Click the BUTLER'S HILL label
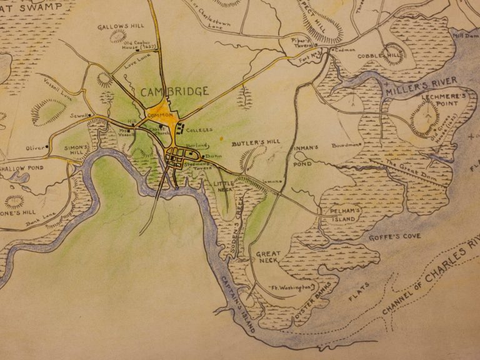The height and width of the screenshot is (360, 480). click(255, 143)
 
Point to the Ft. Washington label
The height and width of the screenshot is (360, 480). click(290, 287)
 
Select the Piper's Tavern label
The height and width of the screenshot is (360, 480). click(301, 42)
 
